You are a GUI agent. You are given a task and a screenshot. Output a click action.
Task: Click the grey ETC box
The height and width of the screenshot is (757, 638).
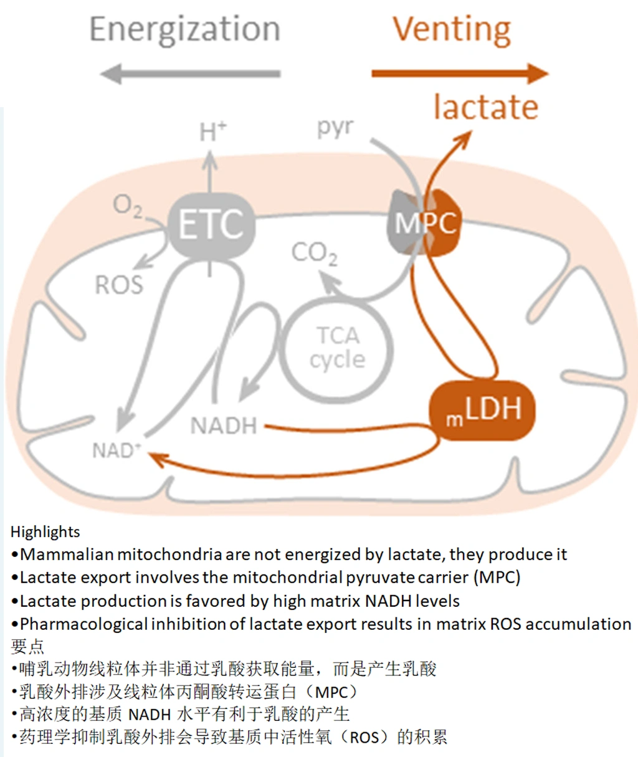point(211,224)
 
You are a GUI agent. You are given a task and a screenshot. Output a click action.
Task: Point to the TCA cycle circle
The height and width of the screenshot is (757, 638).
point(337,348)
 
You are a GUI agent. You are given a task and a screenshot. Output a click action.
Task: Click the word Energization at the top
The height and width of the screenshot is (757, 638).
point(184,29)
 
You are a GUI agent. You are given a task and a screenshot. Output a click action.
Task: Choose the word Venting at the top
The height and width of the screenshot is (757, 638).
point(452,29)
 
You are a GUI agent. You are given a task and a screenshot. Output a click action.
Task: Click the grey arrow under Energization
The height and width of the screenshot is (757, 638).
point(191,74)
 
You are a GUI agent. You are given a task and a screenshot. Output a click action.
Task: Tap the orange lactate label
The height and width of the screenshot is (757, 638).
point(486,107)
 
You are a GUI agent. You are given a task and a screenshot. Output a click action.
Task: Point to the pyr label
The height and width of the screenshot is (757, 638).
point(335,127)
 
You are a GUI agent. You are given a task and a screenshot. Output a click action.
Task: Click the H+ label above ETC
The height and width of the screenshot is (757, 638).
point(212,132)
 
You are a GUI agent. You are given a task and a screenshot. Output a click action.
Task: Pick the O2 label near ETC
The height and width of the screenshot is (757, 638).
point(127,205)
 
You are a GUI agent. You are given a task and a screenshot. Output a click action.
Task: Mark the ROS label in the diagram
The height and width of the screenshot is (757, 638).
point(118,285)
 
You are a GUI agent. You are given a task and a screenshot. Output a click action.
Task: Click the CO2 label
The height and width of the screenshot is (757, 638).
point(315,253)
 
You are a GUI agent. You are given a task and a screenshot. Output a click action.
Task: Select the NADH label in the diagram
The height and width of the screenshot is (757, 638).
point(224,426)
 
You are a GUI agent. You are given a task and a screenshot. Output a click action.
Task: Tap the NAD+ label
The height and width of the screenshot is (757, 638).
point(117,449)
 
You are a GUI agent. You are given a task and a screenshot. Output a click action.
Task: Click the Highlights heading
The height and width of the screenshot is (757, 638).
point(45,531)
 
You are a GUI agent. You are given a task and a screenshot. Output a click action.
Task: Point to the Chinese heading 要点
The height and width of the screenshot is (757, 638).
point(27,646)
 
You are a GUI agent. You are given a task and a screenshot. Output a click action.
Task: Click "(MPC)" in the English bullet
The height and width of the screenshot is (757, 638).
point(497,578)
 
